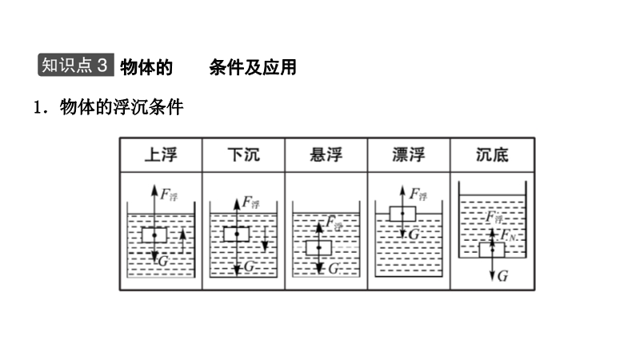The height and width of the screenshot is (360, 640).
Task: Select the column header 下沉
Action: (x=243, y=154)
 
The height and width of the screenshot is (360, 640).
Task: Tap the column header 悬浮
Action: (x=326, y=154)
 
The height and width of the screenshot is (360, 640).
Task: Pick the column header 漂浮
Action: (x=409, y=154)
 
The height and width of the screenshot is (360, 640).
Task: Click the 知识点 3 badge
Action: (x=75, y=66)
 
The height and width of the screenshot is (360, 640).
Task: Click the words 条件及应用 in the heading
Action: (x=252, y=67)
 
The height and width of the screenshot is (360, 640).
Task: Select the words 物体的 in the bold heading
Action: (x=146, y=67)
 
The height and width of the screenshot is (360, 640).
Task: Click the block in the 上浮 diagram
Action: (x=154, y=234)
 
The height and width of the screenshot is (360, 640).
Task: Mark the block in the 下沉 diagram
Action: (x=237, y=234)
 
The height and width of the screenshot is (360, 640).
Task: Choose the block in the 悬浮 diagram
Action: (x=318, y=247)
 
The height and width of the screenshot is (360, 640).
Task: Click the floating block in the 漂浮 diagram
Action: (x=402, y=214)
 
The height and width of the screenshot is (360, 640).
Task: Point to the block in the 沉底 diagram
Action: (x=491, y=249)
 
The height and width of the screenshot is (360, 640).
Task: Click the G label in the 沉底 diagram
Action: (x=502, y=276)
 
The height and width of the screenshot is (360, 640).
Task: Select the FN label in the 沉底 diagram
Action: (x=508, y=235)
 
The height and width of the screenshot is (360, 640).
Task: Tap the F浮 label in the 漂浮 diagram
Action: (x=418, y=194)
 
